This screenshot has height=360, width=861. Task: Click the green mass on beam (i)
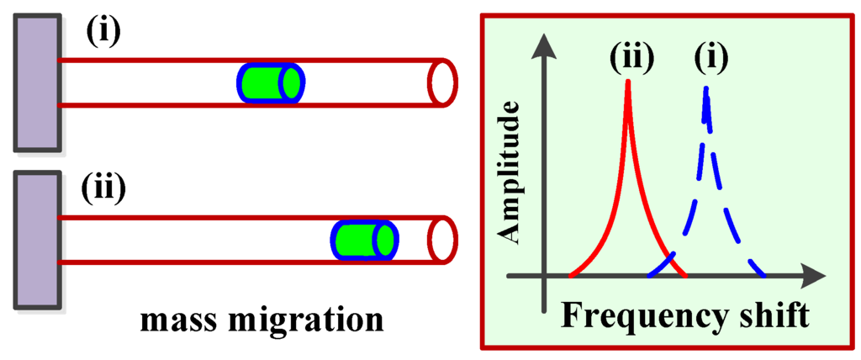click(269, 82)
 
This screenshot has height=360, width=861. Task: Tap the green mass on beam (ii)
click(362, 239)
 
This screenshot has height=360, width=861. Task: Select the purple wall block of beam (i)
click(35, 82)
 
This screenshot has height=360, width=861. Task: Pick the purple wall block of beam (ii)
click(35, 239)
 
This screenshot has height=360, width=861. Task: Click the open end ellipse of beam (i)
click(442, 82)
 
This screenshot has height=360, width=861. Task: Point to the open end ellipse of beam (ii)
click(442, 239)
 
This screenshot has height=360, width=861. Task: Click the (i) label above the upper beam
click(103, 31)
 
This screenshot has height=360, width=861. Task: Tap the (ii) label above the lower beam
click(103, 188)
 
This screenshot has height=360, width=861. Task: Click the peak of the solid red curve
click(627, 82)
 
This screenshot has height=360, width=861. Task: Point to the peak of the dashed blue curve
click(706, 87)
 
